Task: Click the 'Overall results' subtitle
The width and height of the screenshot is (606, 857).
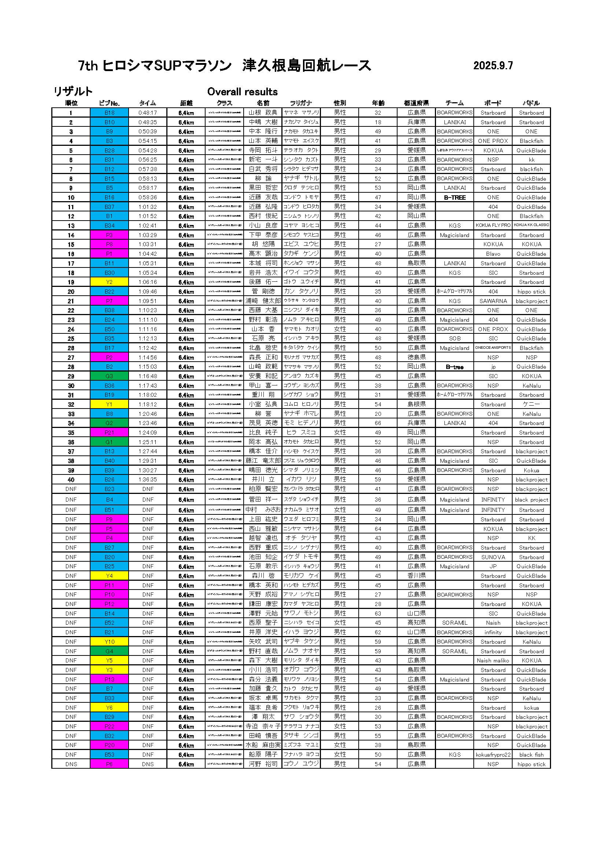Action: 242,92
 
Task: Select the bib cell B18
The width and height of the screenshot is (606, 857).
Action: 109,113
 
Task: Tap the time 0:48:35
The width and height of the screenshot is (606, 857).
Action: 148,122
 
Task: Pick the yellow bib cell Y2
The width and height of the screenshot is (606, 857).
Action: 109,282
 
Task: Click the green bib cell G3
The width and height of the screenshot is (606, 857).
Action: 109,376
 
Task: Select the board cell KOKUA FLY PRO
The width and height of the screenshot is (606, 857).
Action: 493,225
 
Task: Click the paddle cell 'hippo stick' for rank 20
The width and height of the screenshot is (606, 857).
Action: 531,292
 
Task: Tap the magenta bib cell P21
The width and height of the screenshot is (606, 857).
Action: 109,433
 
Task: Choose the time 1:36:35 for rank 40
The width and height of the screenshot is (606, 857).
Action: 148,480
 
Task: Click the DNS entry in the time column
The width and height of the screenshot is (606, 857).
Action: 148,764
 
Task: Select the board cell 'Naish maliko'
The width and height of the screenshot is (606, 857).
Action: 493,660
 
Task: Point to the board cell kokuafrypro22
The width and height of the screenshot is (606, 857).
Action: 493,755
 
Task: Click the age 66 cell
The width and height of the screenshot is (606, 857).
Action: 378,423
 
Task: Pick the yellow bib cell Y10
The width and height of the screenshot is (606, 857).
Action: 109,642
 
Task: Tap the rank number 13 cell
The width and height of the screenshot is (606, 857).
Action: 71,226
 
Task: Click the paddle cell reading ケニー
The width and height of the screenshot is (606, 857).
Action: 531,404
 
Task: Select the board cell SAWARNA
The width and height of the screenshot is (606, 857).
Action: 493,301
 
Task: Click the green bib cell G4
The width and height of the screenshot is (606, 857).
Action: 109,651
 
